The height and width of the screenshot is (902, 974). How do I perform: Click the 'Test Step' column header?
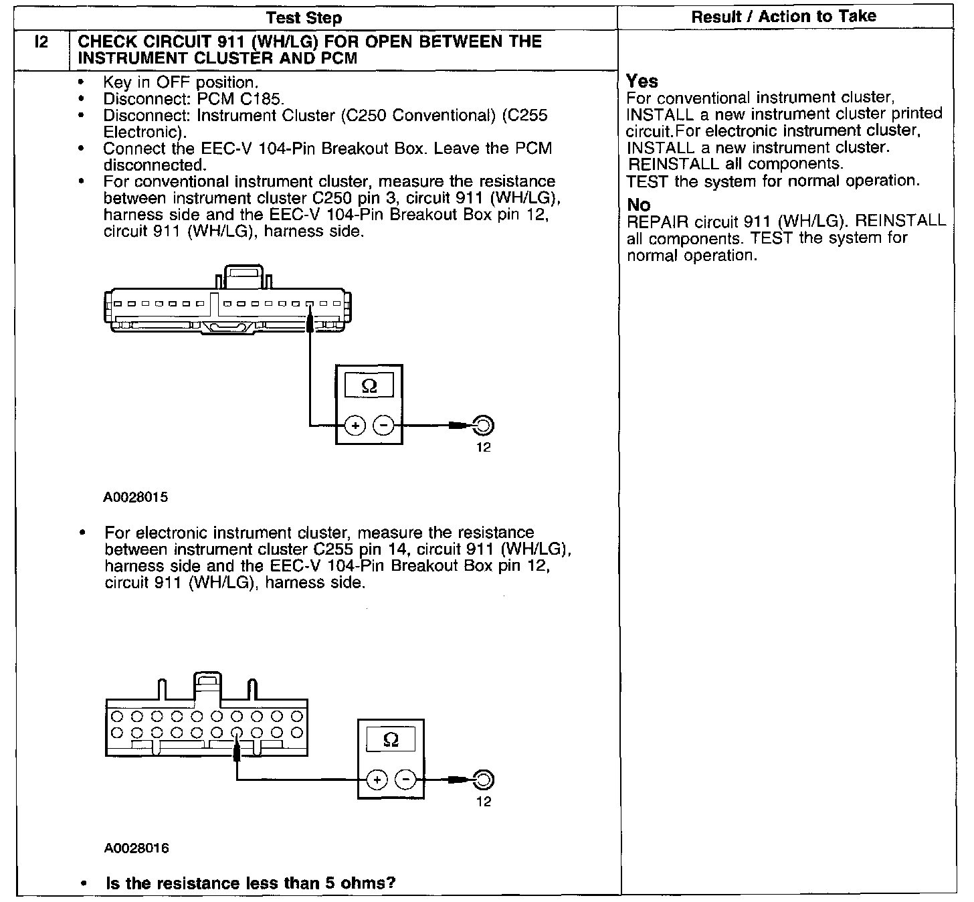[x=303, y=17]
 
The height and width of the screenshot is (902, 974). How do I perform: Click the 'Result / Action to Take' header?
[x=783, y=16]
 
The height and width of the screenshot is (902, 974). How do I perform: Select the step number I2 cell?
[x=41, y=43]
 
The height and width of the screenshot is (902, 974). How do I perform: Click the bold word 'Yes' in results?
[x=642, y=82]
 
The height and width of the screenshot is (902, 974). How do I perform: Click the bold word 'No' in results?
[x=639, y=205]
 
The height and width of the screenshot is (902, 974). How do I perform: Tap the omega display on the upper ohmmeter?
[x=369, y=386]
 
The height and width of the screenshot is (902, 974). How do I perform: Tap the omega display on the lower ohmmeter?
[x=391, y=740]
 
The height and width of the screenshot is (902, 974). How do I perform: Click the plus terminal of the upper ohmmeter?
[x=355, y=425]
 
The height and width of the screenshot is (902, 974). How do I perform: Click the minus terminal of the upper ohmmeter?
[x=383, y=425]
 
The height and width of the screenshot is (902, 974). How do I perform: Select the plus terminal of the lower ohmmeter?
[x=377, y=780]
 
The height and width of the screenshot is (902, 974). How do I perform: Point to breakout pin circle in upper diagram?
[x=483, y=425]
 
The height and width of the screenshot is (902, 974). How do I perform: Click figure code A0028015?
[x=136, y=498]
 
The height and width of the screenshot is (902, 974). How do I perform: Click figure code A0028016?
[x=136, y=848]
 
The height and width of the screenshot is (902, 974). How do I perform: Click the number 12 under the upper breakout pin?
[x=483, y=448]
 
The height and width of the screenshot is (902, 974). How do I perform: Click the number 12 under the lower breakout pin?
[x=483, y=802]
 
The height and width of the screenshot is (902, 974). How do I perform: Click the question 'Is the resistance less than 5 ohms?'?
[x=250, y=883]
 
